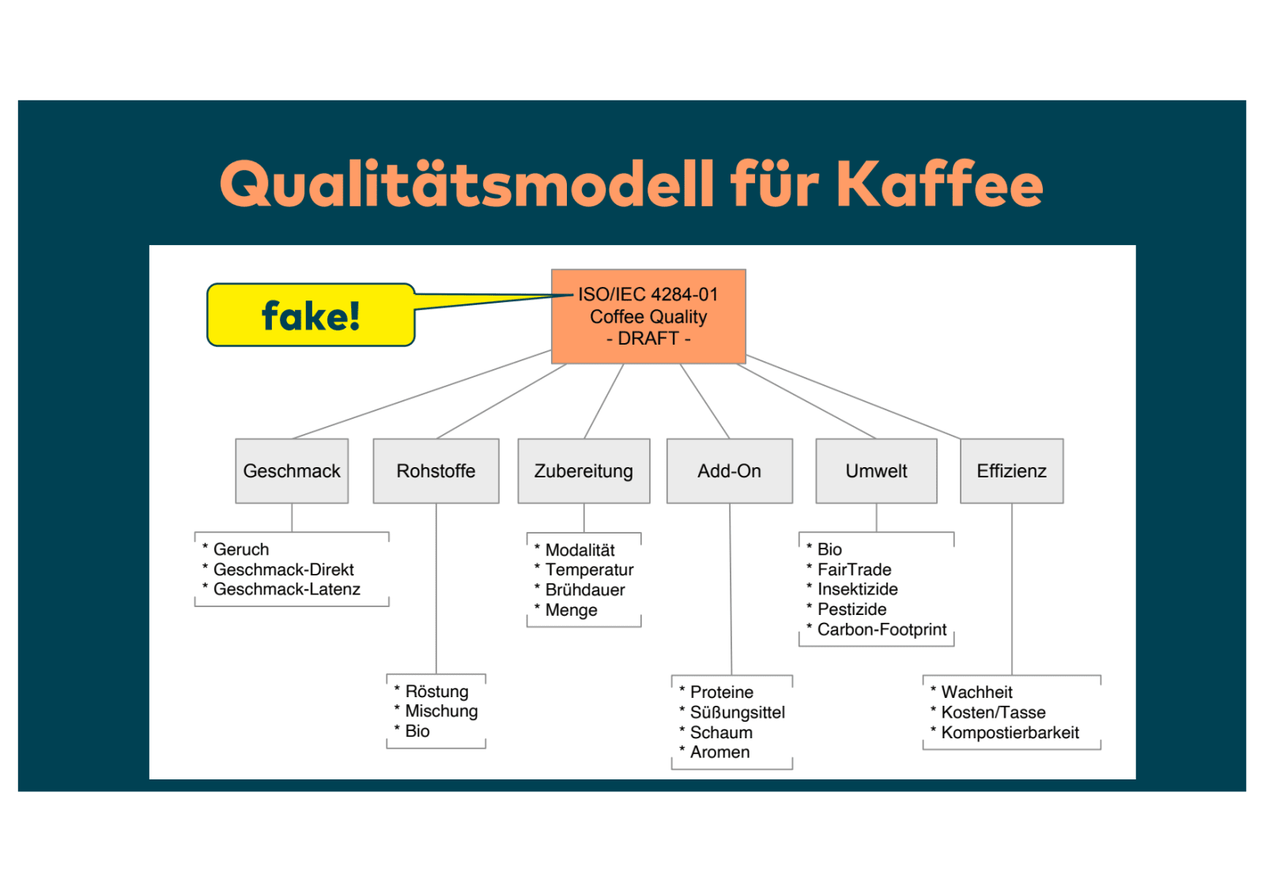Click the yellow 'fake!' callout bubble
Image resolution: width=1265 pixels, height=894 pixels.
click(311, 315)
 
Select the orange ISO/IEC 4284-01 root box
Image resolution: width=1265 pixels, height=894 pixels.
click(648, 315)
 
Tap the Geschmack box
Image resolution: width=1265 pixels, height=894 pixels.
click(292, 471)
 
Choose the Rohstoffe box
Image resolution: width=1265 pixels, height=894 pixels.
click(436, 471)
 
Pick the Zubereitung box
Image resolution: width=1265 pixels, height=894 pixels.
click(583, 471)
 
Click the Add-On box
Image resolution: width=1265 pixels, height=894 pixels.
click(729, 471)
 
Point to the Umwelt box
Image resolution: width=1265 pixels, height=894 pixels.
click(876, 471)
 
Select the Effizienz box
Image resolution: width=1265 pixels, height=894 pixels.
click(1011, 471)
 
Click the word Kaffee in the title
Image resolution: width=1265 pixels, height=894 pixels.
click(939, 183)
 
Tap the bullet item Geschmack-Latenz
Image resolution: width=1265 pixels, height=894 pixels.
click(286, 590)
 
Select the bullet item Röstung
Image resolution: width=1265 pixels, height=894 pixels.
click(436, 692)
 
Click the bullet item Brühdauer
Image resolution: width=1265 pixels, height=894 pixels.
click(585, 590)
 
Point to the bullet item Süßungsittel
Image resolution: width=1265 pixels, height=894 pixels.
click(737, 713)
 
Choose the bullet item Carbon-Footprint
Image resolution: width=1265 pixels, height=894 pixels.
click(882, 630)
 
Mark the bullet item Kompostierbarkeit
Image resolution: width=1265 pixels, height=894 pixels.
click(1010, 733)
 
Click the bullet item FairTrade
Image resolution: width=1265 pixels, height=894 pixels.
click(854, 570)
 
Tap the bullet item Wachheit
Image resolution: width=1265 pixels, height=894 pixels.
click(976, 692)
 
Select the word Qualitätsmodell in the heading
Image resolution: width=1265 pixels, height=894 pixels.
click(467, 183)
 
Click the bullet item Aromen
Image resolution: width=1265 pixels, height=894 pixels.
click(719, 753)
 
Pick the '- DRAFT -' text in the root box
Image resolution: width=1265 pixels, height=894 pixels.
click(648, 338)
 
